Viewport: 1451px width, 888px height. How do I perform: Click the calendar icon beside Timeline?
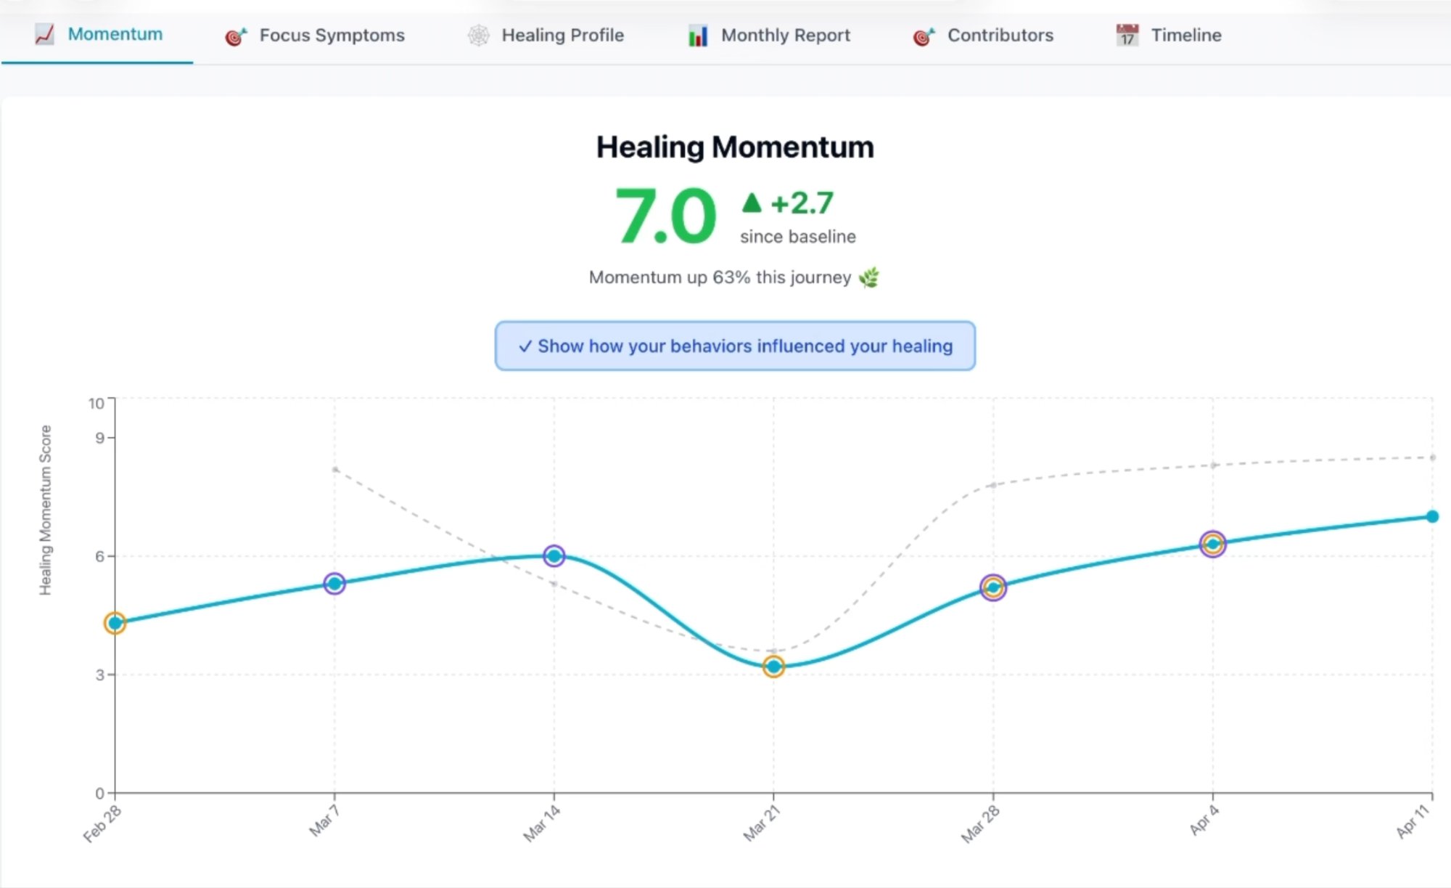1127,36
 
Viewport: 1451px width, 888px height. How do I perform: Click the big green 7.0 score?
665,216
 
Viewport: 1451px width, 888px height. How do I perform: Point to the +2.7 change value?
801,203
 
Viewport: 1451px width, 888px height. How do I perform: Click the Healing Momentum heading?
734,147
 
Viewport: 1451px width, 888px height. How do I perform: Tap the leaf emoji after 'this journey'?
868,277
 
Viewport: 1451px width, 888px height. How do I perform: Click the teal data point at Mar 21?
773,667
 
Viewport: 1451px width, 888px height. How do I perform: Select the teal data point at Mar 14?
554,556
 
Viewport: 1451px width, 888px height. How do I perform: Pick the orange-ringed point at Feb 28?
115,623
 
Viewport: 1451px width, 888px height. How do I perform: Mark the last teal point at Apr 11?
1431,516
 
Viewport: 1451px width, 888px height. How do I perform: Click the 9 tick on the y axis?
99,438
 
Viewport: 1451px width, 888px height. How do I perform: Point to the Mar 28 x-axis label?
980,825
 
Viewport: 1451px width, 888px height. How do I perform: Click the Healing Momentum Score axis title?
45,510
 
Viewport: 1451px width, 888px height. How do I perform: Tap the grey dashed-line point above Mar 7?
334,470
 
